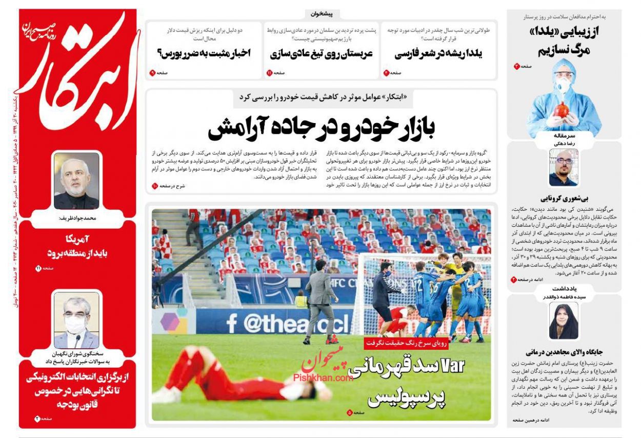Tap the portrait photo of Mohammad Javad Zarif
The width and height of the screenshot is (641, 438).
point(76,181)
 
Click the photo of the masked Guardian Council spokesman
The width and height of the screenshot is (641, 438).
point(76,321)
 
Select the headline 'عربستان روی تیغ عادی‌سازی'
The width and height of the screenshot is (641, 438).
point(321,53)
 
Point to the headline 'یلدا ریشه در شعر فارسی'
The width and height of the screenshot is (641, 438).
point(438,53)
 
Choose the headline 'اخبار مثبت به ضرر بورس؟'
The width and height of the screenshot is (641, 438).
point(204,53)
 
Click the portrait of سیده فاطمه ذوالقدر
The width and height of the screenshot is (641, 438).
point(564,321)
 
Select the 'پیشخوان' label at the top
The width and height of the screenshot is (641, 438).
point(322,14)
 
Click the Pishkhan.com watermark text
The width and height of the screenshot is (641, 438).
point(323,378)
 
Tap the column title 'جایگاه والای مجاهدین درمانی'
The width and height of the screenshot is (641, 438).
point(564,352)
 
